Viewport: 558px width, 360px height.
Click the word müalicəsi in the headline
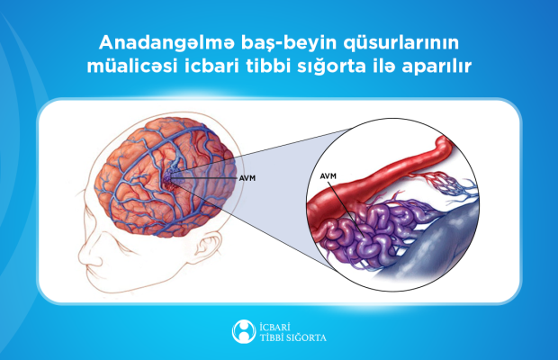tap(132, 67)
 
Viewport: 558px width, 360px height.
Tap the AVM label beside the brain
tap(247, 178)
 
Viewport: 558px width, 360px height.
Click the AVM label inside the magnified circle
tap(328, 176)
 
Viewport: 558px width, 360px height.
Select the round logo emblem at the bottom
tap(244, 331)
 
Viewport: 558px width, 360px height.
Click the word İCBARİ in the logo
tap(274, 327)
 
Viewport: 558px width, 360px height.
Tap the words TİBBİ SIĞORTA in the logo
tap(292, 337)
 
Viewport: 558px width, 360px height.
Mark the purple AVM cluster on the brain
tap(170, 179)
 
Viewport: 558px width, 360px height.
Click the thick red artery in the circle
tap(377, 178)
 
